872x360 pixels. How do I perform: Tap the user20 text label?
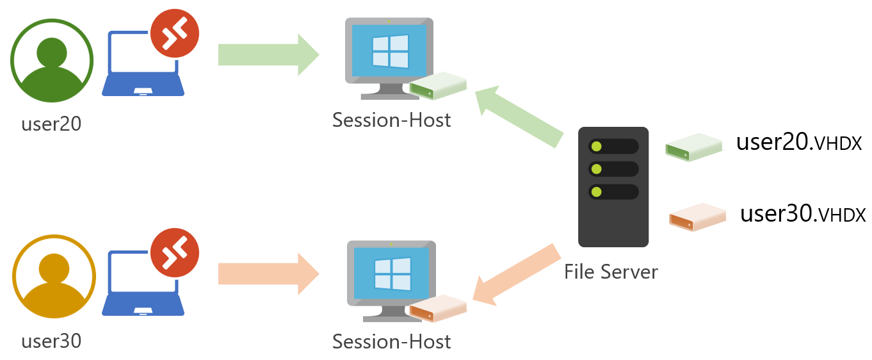(x=51, y=124)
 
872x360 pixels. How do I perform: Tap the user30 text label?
(x=51, y=341)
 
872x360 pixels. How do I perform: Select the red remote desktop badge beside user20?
(x=175, y=33)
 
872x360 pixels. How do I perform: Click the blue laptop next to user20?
(x=143, y=67)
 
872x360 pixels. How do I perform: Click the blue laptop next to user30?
(x=143, y=285)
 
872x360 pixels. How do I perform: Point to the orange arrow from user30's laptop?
(x=268, y=274)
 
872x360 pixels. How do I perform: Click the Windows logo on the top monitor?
(x=390, y=51)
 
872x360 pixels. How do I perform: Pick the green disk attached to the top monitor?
(x=438, y=86)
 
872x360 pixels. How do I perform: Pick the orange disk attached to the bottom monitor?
(x=438, y=308)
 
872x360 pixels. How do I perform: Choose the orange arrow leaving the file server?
(x=516, y=274)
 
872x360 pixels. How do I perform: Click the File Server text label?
(x=610, y=272)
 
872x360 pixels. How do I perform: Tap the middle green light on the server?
(x=597, y=169)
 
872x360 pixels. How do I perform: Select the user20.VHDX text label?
(x=798, y=142)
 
